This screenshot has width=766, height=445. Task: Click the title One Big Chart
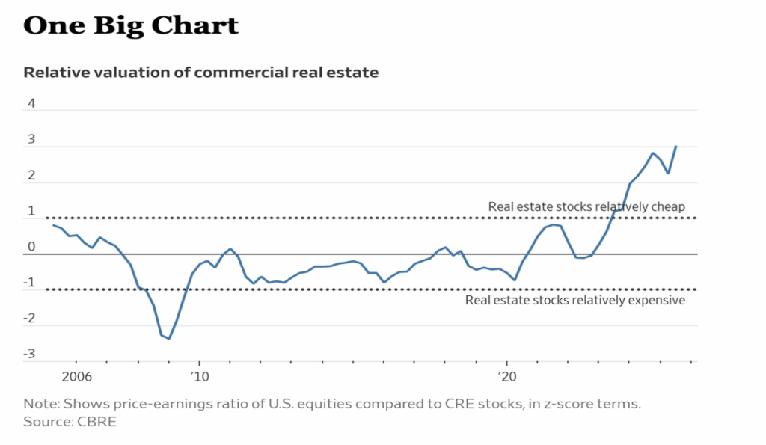click(131, 25)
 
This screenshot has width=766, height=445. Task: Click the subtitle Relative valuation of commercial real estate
click(201, 73)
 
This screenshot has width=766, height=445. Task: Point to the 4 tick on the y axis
click(31, 103)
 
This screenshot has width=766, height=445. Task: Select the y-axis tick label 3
click(31, 139)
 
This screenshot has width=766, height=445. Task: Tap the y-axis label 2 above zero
click(31, 175)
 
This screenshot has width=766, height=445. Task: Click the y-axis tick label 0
click(31, 247)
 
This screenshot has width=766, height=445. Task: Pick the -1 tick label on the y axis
click(30, 282)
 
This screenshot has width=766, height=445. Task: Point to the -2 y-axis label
click(30, 318)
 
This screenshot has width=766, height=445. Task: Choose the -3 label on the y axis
click(30, 354)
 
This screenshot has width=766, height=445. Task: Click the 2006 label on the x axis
click(76, 376)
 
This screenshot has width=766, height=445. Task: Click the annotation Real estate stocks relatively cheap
click(586, 206)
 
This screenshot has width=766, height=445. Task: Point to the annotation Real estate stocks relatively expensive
click(574, 300)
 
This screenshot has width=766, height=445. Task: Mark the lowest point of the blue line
click(169, 339)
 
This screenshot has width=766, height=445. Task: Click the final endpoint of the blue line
click(675, 147)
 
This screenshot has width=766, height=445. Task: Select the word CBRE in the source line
click(95, 421)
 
